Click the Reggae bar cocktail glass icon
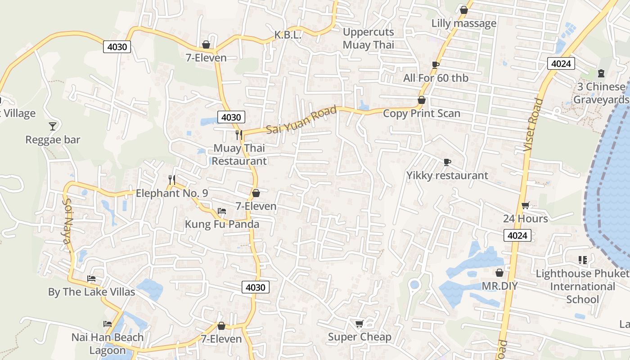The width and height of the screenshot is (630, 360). click(x=53, y=126)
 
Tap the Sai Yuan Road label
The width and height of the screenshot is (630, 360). click(x=301, y=120)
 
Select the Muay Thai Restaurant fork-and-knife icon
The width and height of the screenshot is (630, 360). click(x=239, y=134)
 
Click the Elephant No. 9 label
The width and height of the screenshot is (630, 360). click(x=171, y=193)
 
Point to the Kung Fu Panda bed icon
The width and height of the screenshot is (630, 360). click(x=221, y=211)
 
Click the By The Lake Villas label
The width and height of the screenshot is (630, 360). click(x=91, y=292)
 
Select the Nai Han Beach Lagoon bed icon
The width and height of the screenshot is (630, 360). click(x=107, y=324)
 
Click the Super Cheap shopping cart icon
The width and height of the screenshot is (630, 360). click(x=359, y=324)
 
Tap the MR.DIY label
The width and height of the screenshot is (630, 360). click(x=499, y=286)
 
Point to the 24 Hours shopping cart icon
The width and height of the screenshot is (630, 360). click(x=525, y=206)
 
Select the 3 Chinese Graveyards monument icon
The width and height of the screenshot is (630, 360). click(x=601, y=73)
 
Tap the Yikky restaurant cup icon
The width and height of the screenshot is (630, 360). click(x=447, y=162)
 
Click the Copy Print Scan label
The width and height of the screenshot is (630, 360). click(x=422, y=113)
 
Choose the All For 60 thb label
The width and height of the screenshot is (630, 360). click(x=436, y=78)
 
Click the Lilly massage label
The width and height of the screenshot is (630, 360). click(x=464, y=23)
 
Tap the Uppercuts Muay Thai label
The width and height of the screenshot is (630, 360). click(x=368, y=38)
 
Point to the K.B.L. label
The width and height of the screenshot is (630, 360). click(x=288, y=35)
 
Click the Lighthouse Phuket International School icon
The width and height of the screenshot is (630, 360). click(x=583, y=260)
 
